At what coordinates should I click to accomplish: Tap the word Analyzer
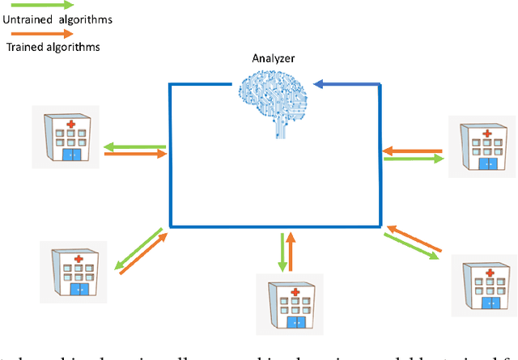[x=271, y=57]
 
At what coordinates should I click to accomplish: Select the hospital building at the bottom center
[x=289, y=301]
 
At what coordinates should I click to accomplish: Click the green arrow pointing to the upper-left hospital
[x=135, y=146]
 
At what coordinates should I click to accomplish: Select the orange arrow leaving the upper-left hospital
[x=135, y=155]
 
